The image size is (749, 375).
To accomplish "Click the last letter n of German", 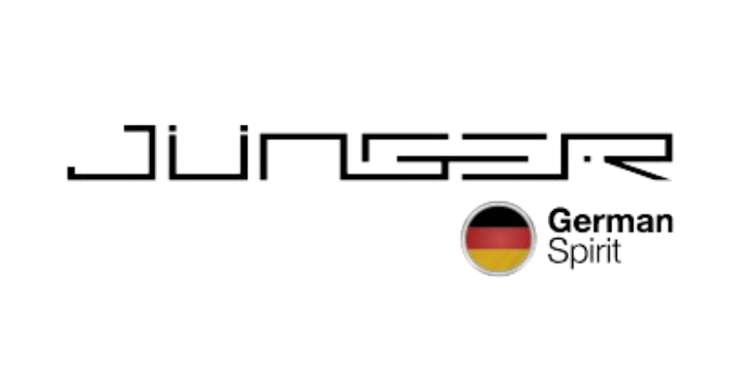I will pos(667,225).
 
